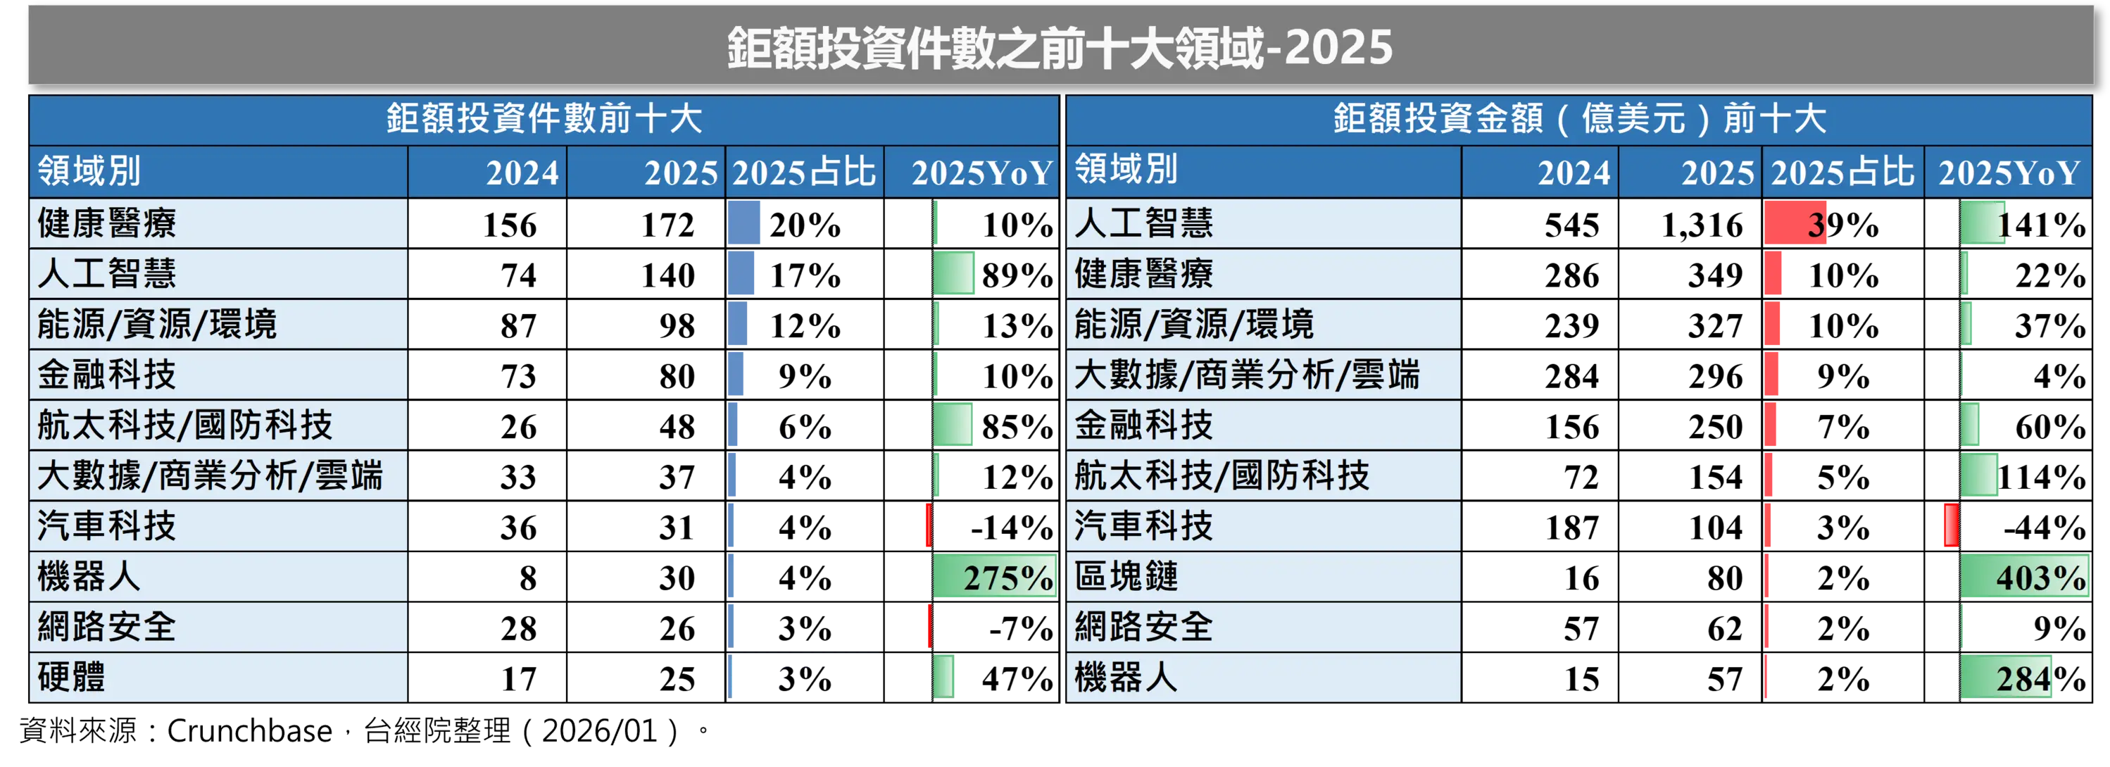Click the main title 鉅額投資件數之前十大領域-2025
click(1060, 46)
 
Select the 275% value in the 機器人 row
click(1007, 577)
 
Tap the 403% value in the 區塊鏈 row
click(2040, 577)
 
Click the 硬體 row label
click(72, 677)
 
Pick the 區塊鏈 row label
click(1126, 576)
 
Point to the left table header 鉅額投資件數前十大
click(544, 119)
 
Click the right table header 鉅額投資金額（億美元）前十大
click(1579, 119)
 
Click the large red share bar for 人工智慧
click(1795, 223)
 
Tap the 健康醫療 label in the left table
click(107, 223)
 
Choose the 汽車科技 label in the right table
click(1143, 525)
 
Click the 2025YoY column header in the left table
click(981, 173)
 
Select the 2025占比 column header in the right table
click(1842, 173)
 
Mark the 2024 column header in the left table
click(522, 173)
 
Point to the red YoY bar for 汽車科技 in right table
click(1951, 525)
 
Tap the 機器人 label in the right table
click(1126, 677)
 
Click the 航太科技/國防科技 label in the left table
click(185, 425)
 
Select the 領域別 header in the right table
click(1126, 170)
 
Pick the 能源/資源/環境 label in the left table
click(157, 324)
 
